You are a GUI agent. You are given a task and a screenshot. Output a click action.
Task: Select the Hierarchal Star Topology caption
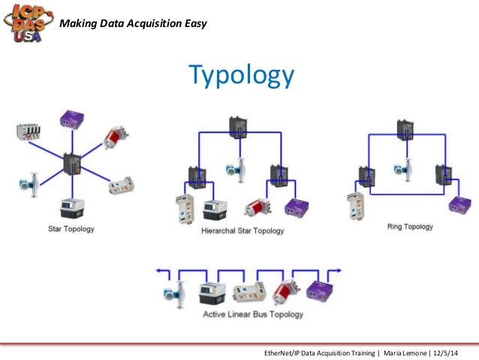[x=243, y=231]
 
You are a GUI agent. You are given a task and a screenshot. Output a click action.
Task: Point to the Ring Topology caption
[x=409, y=226]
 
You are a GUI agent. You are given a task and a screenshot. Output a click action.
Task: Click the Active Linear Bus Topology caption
[x=254, y=314]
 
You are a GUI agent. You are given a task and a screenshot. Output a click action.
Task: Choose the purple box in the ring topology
[x=459, y=204]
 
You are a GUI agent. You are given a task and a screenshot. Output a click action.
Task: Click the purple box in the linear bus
[x=320, y=290]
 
